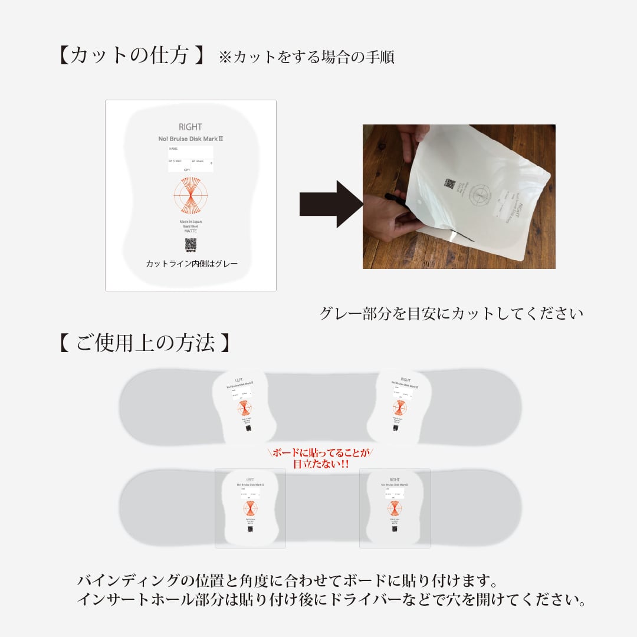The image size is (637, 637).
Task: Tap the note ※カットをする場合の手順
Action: click(x=306, y=57)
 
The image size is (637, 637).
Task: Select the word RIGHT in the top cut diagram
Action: click(x=190, y=127)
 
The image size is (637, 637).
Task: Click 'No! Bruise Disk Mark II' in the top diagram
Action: click(x=190, y=139)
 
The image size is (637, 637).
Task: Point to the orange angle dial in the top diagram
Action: click(x=191, y=196)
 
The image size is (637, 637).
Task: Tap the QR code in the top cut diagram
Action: click(x=191, y=244)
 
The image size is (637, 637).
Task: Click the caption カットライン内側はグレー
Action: click(x=192, y=264)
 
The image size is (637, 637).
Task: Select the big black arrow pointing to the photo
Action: click(x=330, y=204)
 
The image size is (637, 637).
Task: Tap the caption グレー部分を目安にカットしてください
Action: click(x=451, y=313)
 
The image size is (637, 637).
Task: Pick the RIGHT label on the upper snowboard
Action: click(x=405, y=380)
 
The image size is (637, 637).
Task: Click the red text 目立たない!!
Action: click(x=321, y=464)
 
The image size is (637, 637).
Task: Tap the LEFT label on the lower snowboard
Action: click(x=250, y=480)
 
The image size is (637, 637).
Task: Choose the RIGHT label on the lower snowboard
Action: click(x=395, y=480)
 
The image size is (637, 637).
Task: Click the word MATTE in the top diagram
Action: click(x=191, y=231)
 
